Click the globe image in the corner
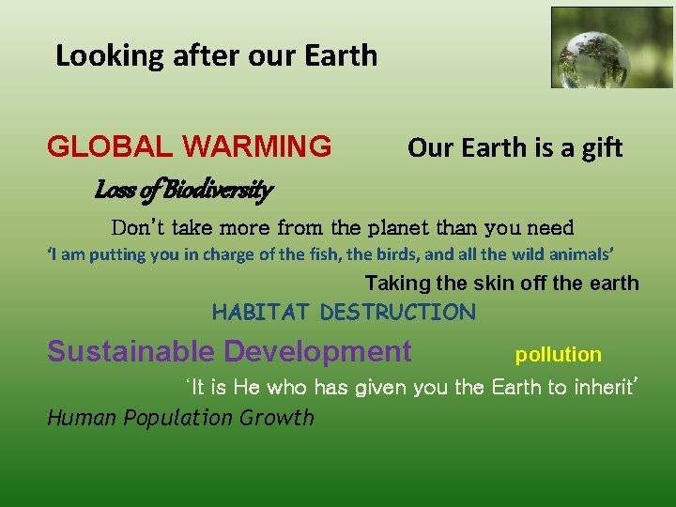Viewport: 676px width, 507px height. tap(611, 48)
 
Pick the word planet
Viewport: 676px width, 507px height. tap(406, 228)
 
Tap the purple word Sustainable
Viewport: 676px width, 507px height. tap(131, 352)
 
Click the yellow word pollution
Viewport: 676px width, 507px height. tap(558, 355)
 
